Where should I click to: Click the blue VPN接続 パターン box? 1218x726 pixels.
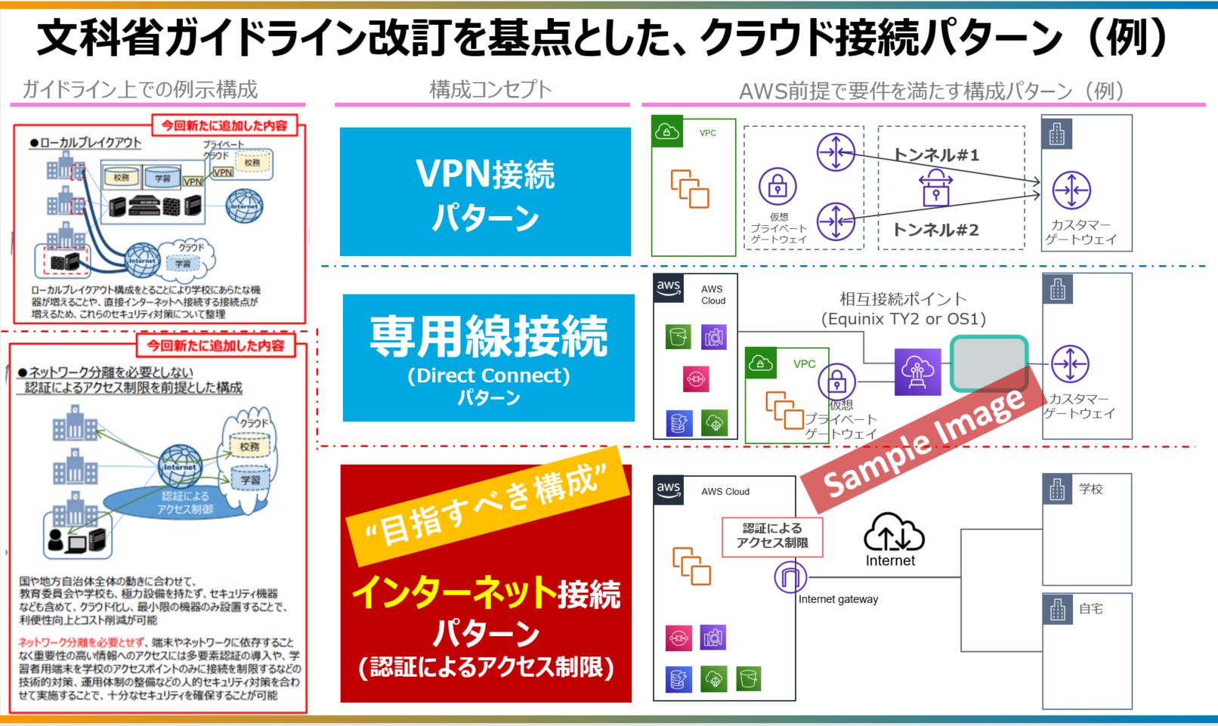click(485, 191)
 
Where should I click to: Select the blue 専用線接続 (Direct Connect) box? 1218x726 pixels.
click(488, 357)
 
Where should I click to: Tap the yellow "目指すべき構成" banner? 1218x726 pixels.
click(487, 505)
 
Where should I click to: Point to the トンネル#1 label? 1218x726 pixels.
click(936, 155)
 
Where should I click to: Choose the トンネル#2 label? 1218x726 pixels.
click(936, 230)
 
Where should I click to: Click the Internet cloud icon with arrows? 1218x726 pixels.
click(894, 532)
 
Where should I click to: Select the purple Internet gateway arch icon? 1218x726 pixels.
click(790, 578)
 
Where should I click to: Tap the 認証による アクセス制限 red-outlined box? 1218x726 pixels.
click(772, 536)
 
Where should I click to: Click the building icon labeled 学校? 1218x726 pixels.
click(1057, 490)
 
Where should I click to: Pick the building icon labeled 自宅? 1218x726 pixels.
click(1057, 609)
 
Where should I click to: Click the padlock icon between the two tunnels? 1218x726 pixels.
click(935, 188)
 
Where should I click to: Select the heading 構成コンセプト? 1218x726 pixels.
click(490, 90)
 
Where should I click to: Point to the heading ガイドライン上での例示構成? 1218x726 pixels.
click(140, 90)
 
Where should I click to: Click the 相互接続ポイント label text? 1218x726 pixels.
click(903, 299)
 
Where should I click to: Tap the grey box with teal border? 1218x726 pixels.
click(988, 363)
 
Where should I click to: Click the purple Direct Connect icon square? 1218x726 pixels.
click(917, 372)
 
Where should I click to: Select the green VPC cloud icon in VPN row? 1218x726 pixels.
click(666, 131)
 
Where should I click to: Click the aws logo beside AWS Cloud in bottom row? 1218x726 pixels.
click(669, 490)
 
